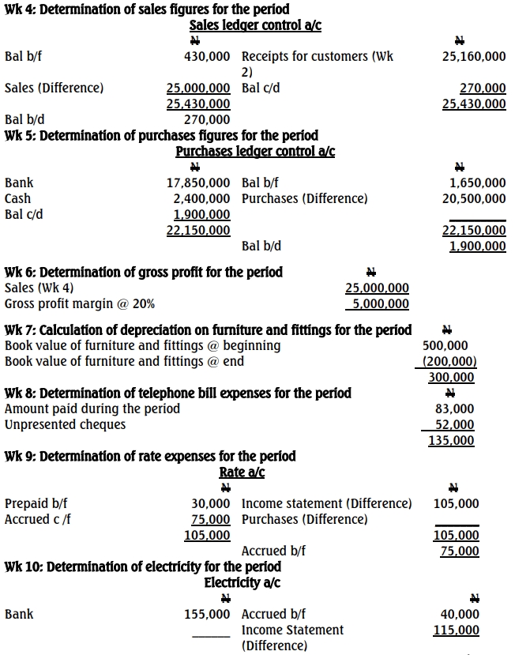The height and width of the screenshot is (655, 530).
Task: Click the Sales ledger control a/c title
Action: [x=255, y=25]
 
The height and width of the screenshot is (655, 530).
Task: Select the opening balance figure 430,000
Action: [x=207, y=57]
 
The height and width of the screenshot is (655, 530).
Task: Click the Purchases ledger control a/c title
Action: [x=255, y=151]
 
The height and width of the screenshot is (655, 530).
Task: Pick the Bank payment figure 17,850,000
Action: [x=198, y=183]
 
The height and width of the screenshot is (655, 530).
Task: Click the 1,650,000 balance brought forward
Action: [x=477, y=183]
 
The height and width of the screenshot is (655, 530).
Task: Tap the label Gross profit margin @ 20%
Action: [x=80, y=303]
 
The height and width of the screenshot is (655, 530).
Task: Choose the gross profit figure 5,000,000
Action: [x=380, y=303]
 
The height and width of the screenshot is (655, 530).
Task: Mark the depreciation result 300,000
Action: [x=451, y=378]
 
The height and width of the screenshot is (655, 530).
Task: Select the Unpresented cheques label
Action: [x=65, y=424]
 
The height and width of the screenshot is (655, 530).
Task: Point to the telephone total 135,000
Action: [x=451, y=441]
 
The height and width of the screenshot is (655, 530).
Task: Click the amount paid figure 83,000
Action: [x=455, y=408]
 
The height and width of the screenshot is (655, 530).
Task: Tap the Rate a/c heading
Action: [x=242, y=472]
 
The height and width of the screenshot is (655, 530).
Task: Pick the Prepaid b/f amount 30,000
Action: [x=211, y=503]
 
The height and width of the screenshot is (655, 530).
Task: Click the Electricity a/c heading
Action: [x=242, y=583]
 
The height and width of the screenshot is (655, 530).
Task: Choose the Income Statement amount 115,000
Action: [x=457, y=630]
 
